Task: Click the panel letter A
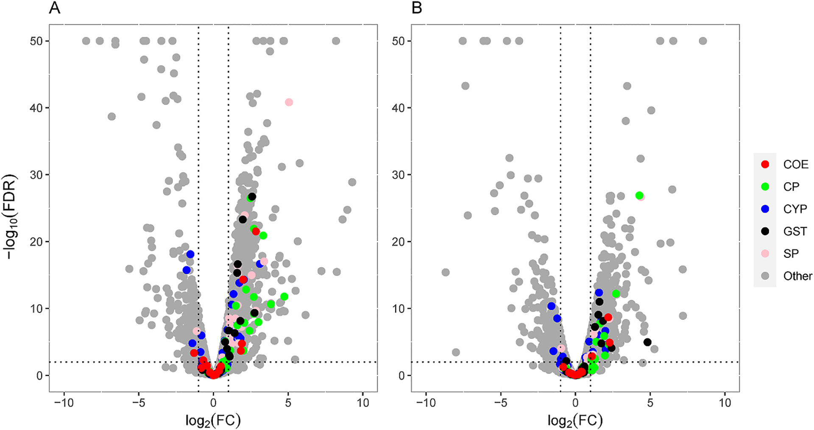point(55,8)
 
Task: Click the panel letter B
point(417,8)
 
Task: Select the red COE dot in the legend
point(765,164)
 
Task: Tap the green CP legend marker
point(765,187)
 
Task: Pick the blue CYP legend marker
point(765,209)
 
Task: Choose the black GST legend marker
point(765,231)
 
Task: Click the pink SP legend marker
point(765,254)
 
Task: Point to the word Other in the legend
point(797,276)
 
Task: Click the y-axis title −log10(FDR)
point(10,217)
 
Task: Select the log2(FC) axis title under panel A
point(213,420)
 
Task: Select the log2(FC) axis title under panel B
point(575,420)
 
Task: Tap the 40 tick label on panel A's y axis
point(36,108)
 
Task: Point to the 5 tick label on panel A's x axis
point(288,402)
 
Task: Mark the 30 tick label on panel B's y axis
point(398,175)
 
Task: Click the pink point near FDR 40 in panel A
point(289,102)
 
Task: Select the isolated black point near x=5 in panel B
point(647,342)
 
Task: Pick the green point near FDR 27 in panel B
point(639,195)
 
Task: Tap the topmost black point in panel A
point(252,197)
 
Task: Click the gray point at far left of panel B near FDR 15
point(446,272)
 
